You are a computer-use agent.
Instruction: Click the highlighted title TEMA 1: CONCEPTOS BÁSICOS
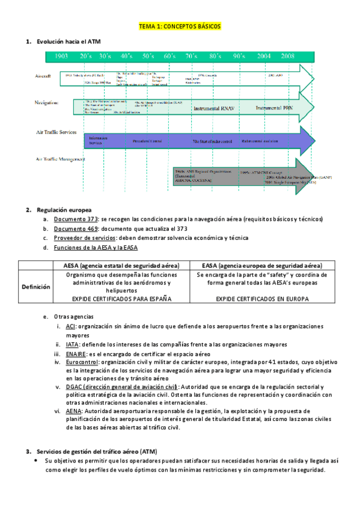tap(180, 27)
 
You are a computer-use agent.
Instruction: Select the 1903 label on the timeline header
tap(60, 56)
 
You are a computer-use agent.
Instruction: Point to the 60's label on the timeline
tap(170, 56)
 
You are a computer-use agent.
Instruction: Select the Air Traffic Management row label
tap(60, 159)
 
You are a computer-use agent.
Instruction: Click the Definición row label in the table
tap(36, 287)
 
